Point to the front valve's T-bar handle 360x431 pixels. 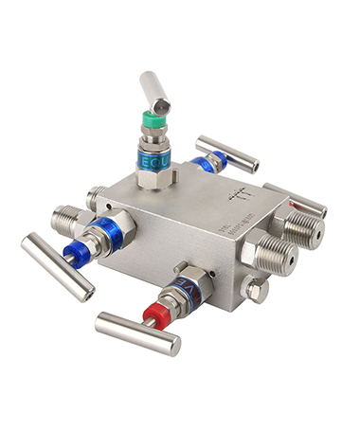point(136,333)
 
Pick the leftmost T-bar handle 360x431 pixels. point(56,266)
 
